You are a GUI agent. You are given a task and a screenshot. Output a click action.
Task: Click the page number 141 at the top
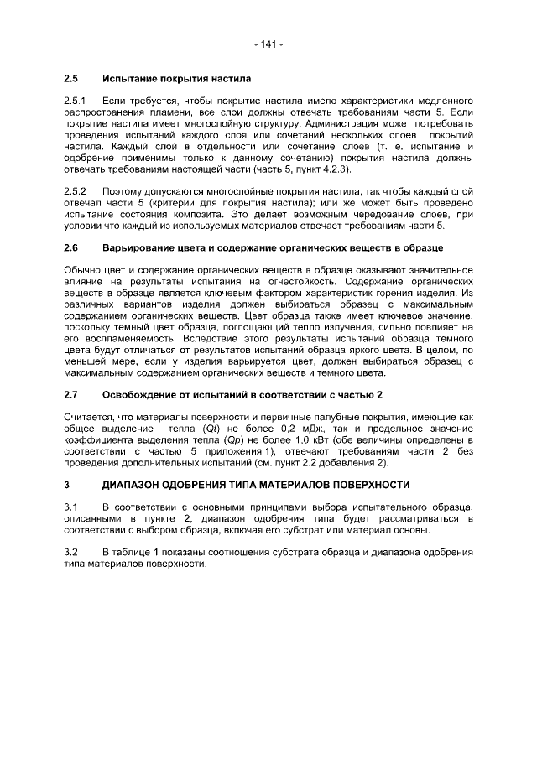tap(268, 44)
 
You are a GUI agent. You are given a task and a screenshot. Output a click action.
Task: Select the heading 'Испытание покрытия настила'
tap(176, 80)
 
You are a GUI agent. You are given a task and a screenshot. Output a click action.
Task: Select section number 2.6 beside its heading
tap(70, 249)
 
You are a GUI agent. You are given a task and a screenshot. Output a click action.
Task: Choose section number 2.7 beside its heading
tap(70, 395)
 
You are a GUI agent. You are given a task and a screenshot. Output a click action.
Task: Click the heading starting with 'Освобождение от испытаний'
tap(242, 395)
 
